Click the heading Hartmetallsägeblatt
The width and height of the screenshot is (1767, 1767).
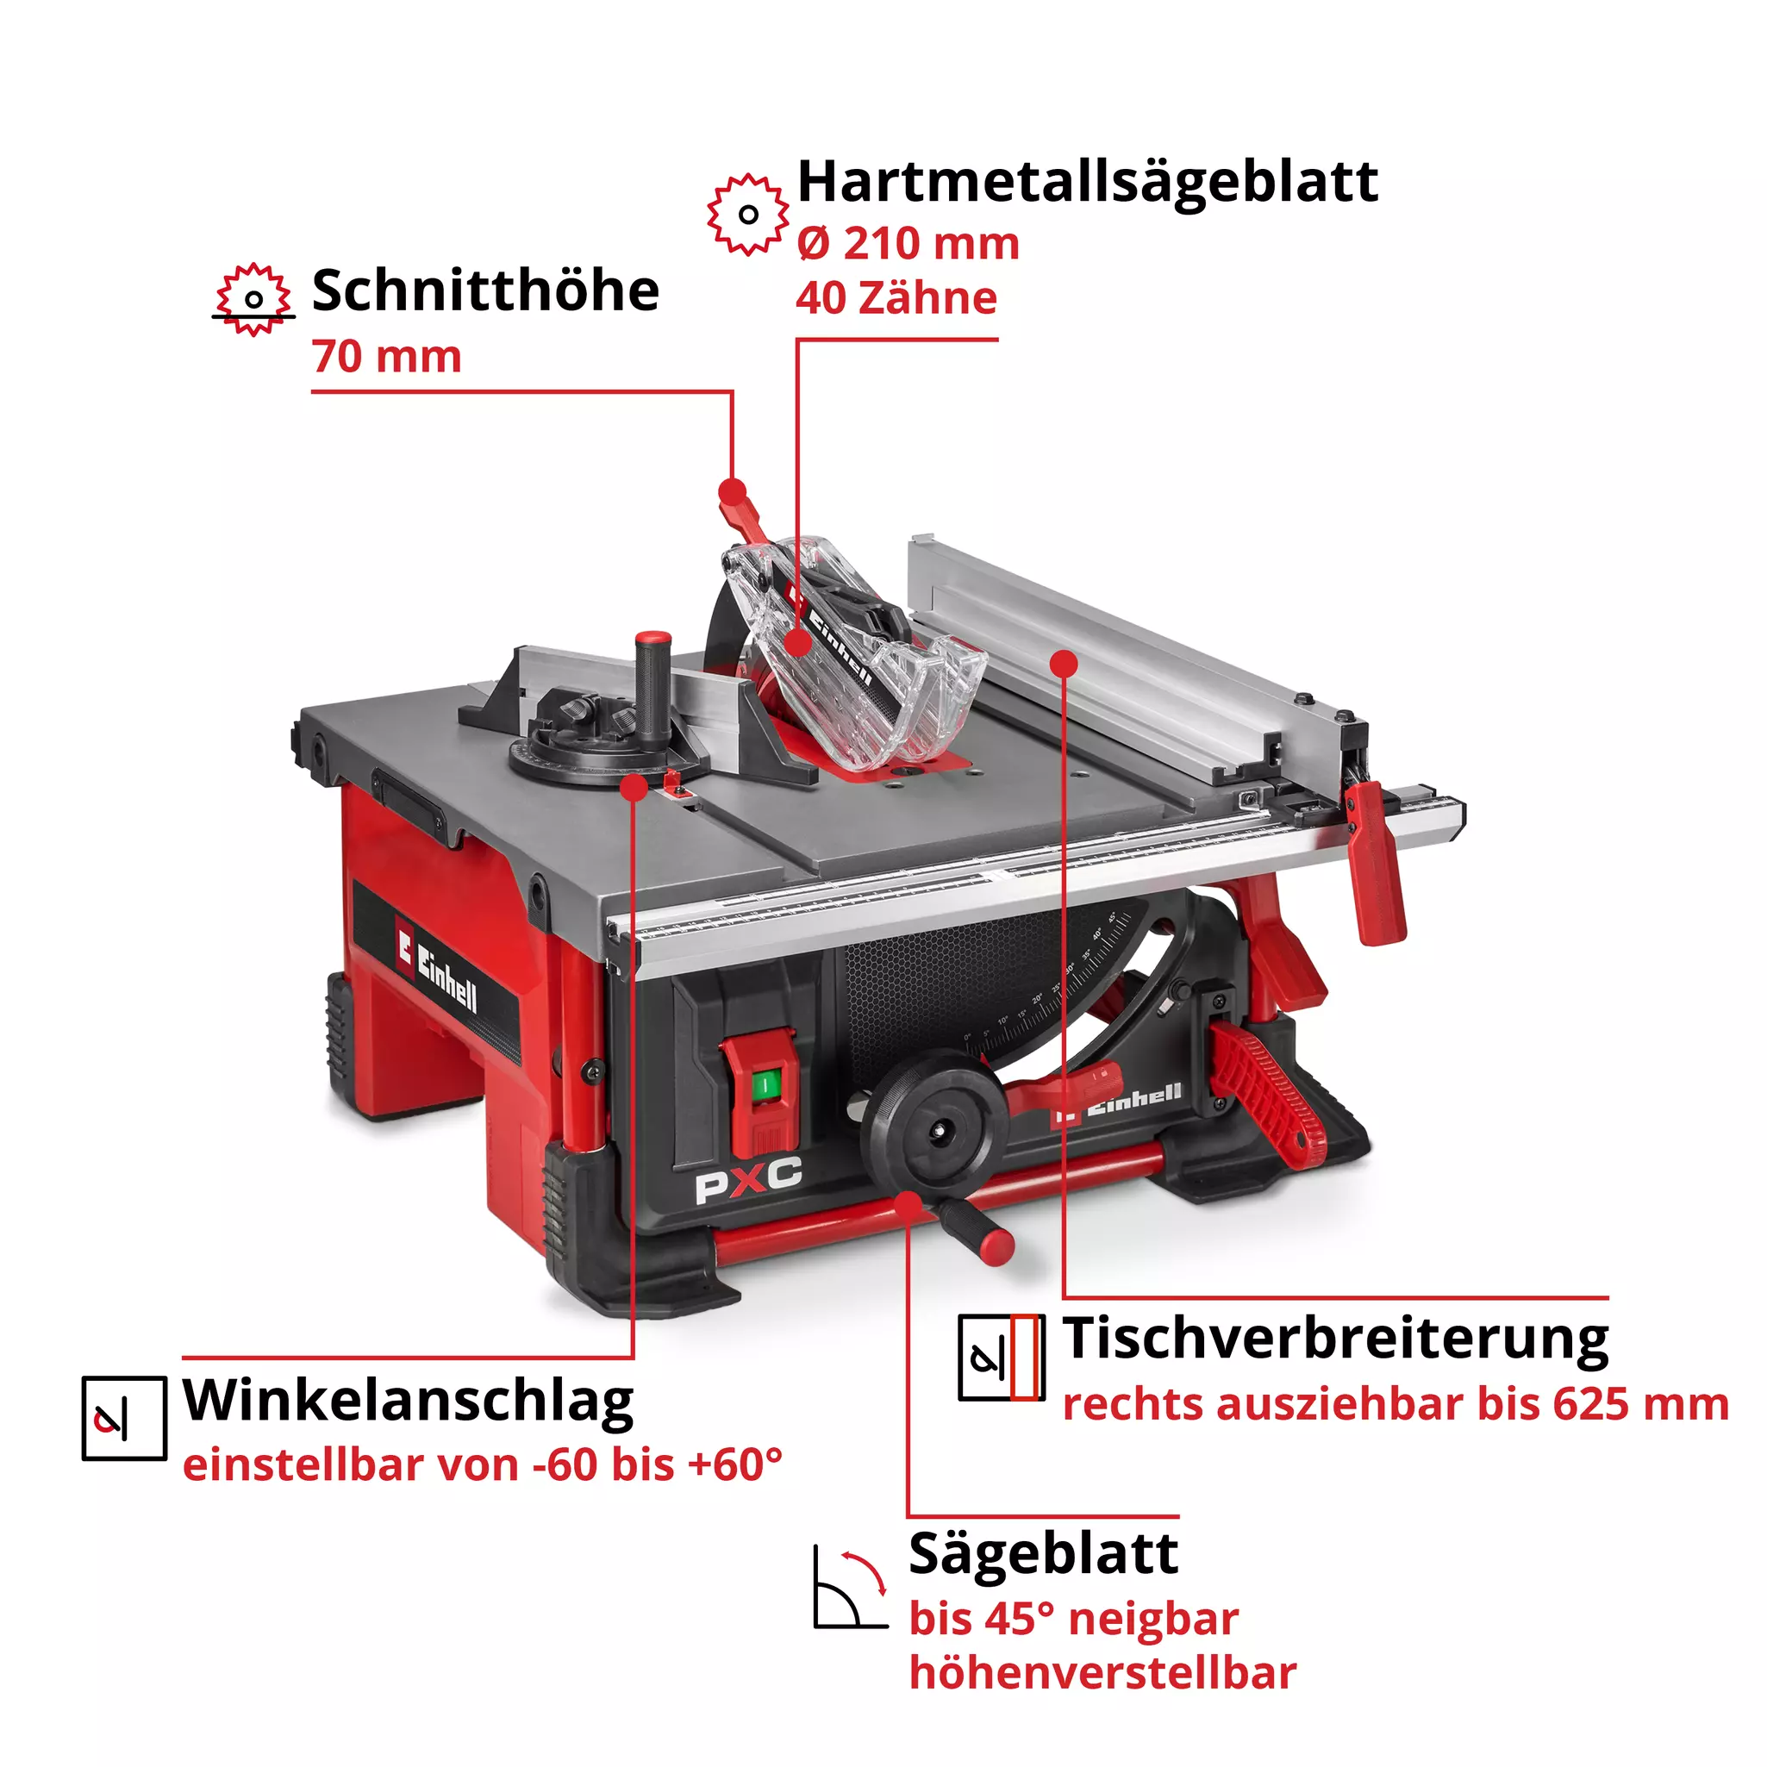click(1087, 183)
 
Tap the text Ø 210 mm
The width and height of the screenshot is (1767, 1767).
click(908, 244)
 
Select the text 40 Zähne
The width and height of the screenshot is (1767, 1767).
click(896, 299)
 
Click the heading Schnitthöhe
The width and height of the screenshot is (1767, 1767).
click(484, 290)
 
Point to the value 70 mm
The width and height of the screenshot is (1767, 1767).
click(386, 357)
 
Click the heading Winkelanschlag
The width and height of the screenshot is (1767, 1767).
click(408, 1401)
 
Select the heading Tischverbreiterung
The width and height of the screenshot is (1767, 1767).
click(1334, 1339)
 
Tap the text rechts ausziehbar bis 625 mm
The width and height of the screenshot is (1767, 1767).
click(1395, 1405)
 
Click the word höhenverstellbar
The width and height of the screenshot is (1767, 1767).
click(1102, 1673)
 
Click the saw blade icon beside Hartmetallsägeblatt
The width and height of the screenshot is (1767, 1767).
click(747, 215)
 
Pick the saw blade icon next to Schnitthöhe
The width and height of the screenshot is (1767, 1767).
click(253, 299)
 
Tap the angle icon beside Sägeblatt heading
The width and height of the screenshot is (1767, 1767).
click(850, 1589)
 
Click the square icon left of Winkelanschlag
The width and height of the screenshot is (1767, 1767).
click(124, 1418)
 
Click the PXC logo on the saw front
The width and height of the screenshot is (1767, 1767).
click(747, 1180)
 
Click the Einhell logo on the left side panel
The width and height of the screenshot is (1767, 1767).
click(437, 970)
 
